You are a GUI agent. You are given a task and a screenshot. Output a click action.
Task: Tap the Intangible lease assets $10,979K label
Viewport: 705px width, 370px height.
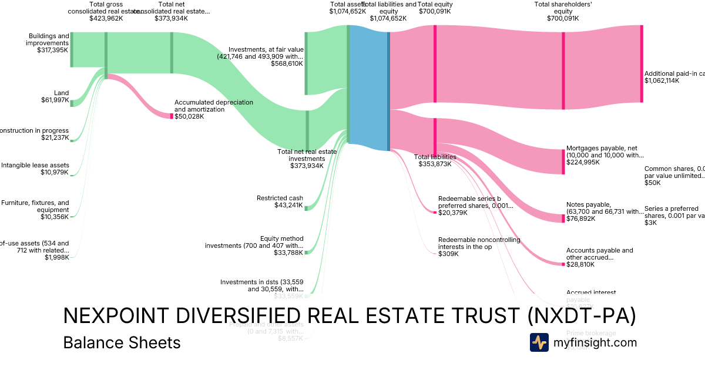click(35, 169)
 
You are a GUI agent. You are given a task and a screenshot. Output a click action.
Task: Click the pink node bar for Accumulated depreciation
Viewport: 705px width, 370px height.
click(172, 116)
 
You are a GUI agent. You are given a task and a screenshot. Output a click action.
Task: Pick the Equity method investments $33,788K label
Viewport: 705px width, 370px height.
click(254, 245)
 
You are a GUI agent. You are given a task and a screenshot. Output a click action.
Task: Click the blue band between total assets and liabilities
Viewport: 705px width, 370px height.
click(369, 88)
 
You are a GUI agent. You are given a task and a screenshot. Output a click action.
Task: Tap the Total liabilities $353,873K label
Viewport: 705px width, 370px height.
click(435, 160)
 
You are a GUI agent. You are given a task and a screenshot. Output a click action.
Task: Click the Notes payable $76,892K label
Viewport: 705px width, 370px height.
click(605, 211)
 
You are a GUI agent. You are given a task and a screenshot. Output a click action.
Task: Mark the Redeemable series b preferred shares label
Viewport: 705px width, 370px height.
click(475, 206)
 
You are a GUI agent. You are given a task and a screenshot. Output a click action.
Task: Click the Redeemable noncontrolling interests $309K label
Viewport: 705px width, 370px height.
click(471, 247)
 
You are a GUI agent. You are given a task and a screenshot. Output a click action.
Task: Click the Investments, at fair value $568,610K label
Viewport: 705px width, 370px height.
click(266, 56)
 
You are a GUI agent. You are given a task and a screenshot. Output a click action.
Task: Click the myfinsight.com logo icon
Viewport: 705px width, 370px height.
click(539, 342)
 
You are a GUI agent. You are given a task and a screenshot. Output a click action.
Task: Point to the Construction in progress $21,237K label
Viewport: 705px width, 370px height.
click(35, 134)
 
